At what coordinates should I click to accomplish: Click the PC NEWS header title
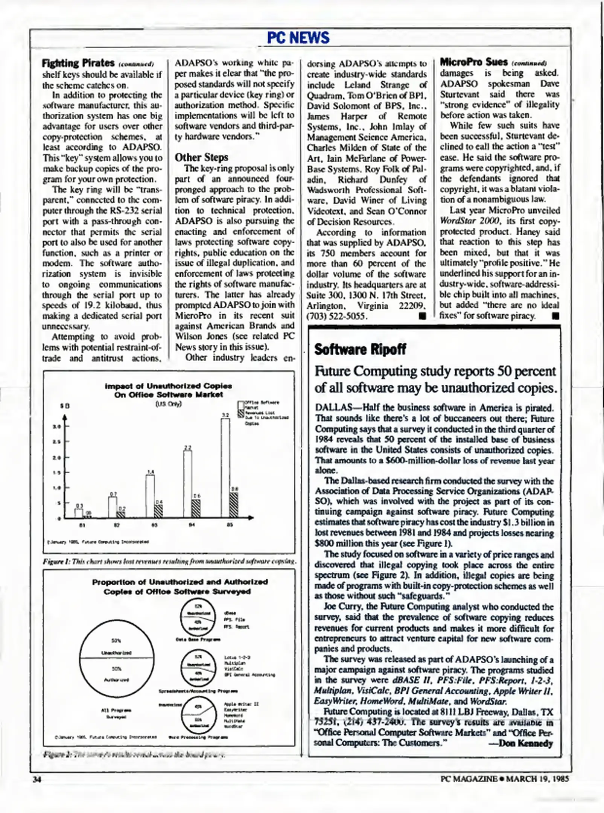point(298,37)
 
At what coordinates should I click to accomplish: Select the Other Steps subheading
point(201,157)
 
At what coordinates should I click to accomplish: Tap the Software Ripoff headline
point(360,349)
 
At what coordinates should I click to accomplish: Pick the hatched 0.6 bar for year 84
point(196,508)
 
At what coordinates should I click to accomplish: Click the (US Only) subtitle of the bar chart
point(168,404)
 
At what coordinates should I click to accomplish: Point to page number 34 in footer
point(37,779)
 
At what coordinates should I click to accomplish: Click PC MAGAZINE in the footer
point(469,779)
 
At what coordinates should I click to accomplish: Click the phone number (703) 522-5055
point(337,316)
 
